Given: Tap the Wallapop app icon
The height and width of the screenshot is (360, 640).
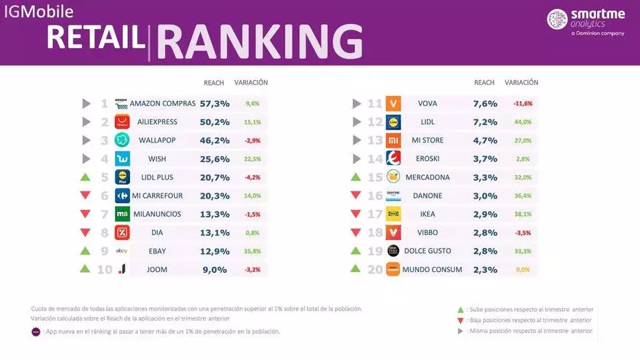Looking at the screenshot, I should pos(122,140).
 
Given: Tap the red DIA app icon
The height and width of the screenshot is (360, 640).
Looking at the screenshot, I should pos(122,233).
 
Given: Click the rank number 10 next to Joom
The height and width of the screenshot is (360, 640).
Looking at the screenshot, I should pos(105,269).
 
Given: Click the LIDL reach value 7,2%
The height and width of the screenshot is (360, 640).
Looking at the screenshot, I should pos(484,122).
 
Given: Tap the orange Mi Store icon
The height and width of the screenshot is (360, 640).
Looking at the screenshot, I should pos(393,140).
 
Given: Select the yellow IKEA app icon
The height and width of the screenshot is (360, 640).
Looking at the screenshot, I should pos(393,215).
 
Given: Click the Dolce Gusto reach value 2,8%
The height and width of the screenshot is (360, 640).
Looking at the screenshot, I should pos(484,251).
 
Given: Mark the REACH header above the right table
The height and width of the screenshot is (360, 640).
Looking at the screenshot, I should pos(484,83).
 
